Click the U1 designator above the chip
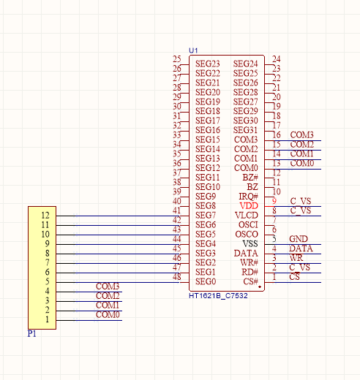193,50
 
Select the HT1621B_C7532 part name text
218,296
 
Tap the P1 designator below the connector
32,333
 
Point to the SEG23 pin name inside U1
208,64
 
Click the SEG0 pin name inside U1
206,281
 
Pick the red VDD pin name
249,206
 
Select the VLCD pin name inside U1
247,216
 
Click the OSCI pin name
248,225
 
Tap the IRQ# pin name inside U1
248,197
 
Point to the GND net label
299,239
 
